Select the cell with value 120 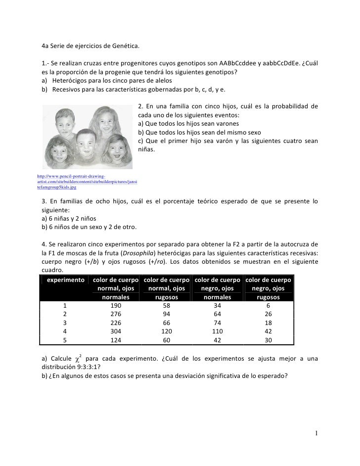[167, 331]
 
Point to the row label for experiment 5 [65, 339]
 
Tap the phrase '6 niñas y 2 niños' [73, 218]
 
